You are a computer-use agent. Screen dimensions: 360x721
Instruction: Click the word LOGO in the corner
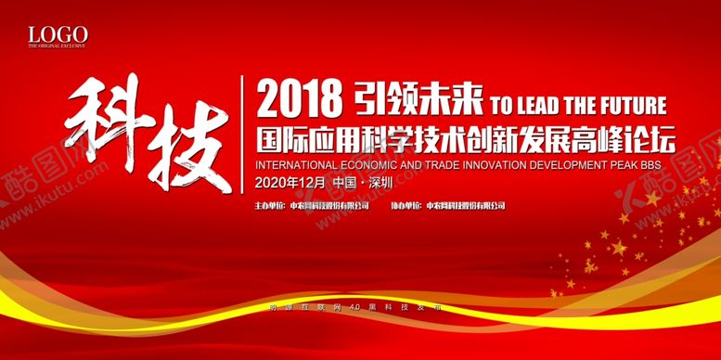coord(58,34)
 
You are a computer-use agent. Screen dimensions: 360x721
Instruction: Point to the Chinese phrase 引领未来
coord(412,96)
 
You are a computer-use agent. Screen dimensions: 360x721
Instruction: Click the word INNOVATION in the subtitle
coord(479,160)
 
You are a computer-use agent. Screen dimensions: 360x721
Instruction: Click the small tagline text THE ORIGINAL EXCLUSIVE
coord(57,45)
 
